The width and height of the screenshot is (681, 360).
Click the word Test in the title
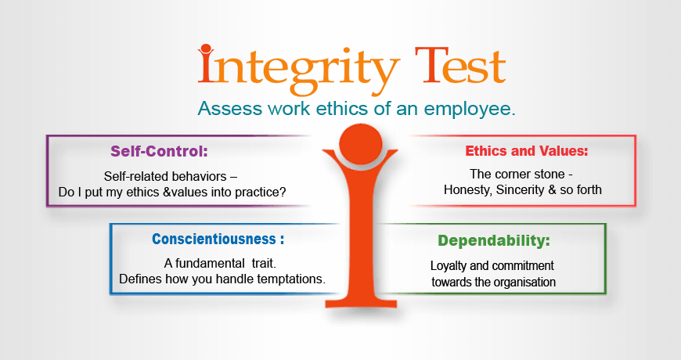tap(456, 67)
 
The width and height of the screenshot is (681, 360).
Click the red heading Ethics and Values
tap(526, 150)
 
